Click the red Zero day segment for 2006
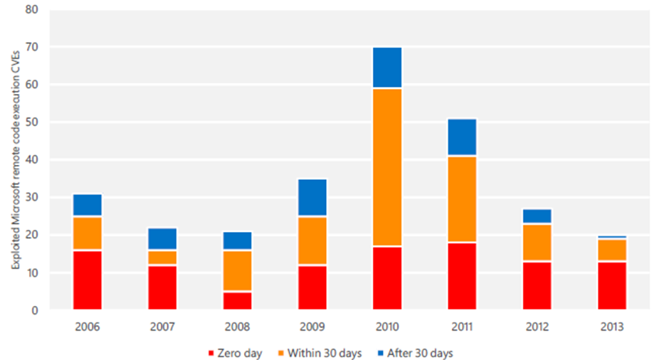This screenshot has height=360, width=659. click(87, 280)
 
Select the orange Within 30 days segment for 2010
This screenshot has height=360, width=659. click(387, 167)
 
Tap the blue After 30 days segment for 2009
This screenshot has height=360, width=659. click(312, 198)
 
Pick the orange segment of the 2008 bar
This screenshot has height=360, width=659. click(237, 270)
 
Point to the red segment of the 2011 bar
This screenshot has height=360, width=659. click(462, 276)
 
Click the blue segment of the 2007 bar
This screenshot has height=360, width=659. click(162, 238)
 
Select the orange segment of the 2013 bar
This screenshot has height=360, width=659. click(612, 250)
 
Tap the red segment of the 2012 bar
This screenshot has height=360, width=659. click(537, 285)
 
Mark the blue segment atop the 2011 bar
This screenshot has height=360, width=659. click(462, 137)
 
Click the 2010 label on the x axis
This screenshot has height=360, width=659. click(387, 327)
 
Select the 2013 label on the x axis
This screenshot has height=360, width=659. click(612, 327)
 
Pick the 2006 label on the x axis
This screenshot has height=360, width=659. click(87, 327)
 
